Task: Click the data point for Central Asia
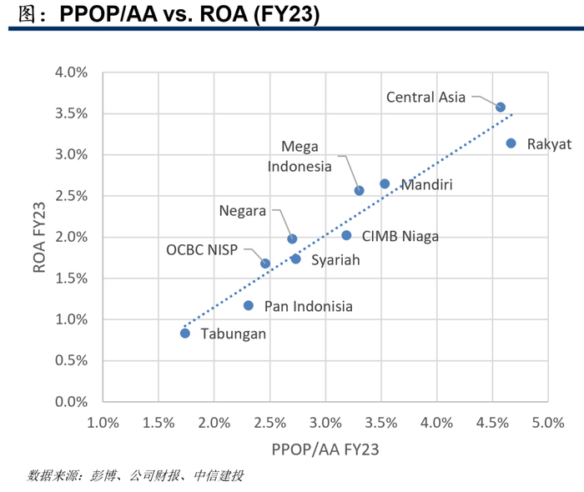click(x=501, y=108)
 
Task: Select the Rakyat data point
click(x=511, y=143)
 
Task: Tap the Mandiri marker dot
click(x=385, y=183)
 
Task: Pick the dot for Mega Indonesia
click(x=359, y=191)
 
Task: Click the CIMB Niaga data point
click(x=346, y=235)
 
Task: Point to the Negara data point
click(x=292, y=239)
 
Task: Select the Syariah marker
click(x=295, y=259)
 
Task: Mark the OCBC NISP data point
click(x=265, y=264)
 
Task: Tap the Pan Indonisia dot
click(x=249, y=305)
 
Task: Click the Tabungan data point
click(x=185, y=334)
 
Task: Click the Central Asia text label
click(x=425, y=97)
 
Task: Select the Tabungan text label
click(x=234, y=334)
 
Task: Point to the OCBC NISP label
click(x=202, y=249)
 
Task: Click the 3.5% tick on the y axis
click(x=71, y=113)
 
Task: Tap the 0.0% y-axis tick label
click(x=71, y=402)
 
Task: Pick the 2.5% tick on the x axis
click(x=270, y=423)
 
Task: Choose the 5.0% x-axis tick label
click(x=548, y=423)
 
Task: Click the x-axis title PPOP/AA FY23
click(x=325, y=449)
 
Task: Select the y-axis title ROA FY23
click(x=39, y=238)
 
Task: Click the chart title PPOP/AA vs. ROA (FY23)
click(x=189, y=14)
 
